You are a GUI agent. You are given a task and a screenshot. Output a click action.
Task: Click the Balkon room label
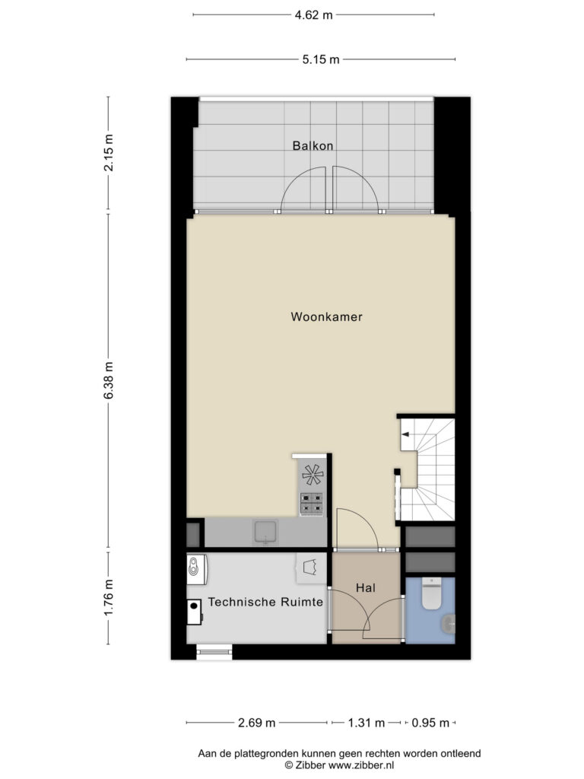pos(313,145)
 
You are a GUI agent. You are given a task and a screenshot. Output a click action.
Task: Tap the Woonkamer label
pos(326,316)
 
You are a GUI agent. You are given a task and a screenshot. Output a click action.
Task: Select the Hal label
pos(366,588)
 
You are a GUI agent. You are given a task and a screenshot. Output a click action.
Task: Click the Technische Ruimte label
pos(265,602)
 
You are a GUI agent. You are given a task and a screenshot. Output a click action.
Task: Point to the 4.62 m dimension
pos(313,15)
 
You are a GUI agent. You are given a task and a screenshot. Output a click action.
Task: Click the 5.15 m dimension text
pos(321,59)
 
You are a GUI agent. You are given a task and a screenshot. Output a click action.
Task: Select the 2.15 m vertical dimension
pos(108,152)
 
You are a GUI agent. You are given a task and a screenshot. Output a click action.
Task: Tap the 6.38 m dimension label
pos(108,380)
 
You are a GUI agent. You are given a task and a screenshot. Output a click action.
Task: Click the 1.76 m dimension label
pos(108,598)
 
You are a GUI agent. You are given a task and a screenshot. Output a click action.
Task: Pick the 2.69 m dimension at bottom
pos(256,723)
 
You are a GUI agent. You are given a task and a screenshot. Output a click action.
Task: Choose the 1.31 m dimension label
pos(366,723)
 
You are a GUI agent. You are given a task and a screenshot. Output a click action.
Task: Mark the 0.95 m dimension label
pos(430,723)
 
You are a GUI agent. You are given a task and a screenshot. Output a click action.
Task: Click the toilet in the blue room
pos(432,593)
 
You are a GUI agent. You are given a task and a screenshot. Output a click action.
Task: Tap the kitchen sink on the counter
pos(266,532)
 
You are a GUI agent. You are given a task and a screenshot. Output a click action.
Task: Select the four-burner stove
pos(311,504)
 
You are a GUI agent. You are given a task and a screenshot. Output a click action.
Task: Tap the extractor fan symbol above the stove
pos(313,474)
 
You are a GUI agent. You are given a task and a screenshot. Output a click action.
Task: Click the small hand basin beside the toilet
pos(449,624)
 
